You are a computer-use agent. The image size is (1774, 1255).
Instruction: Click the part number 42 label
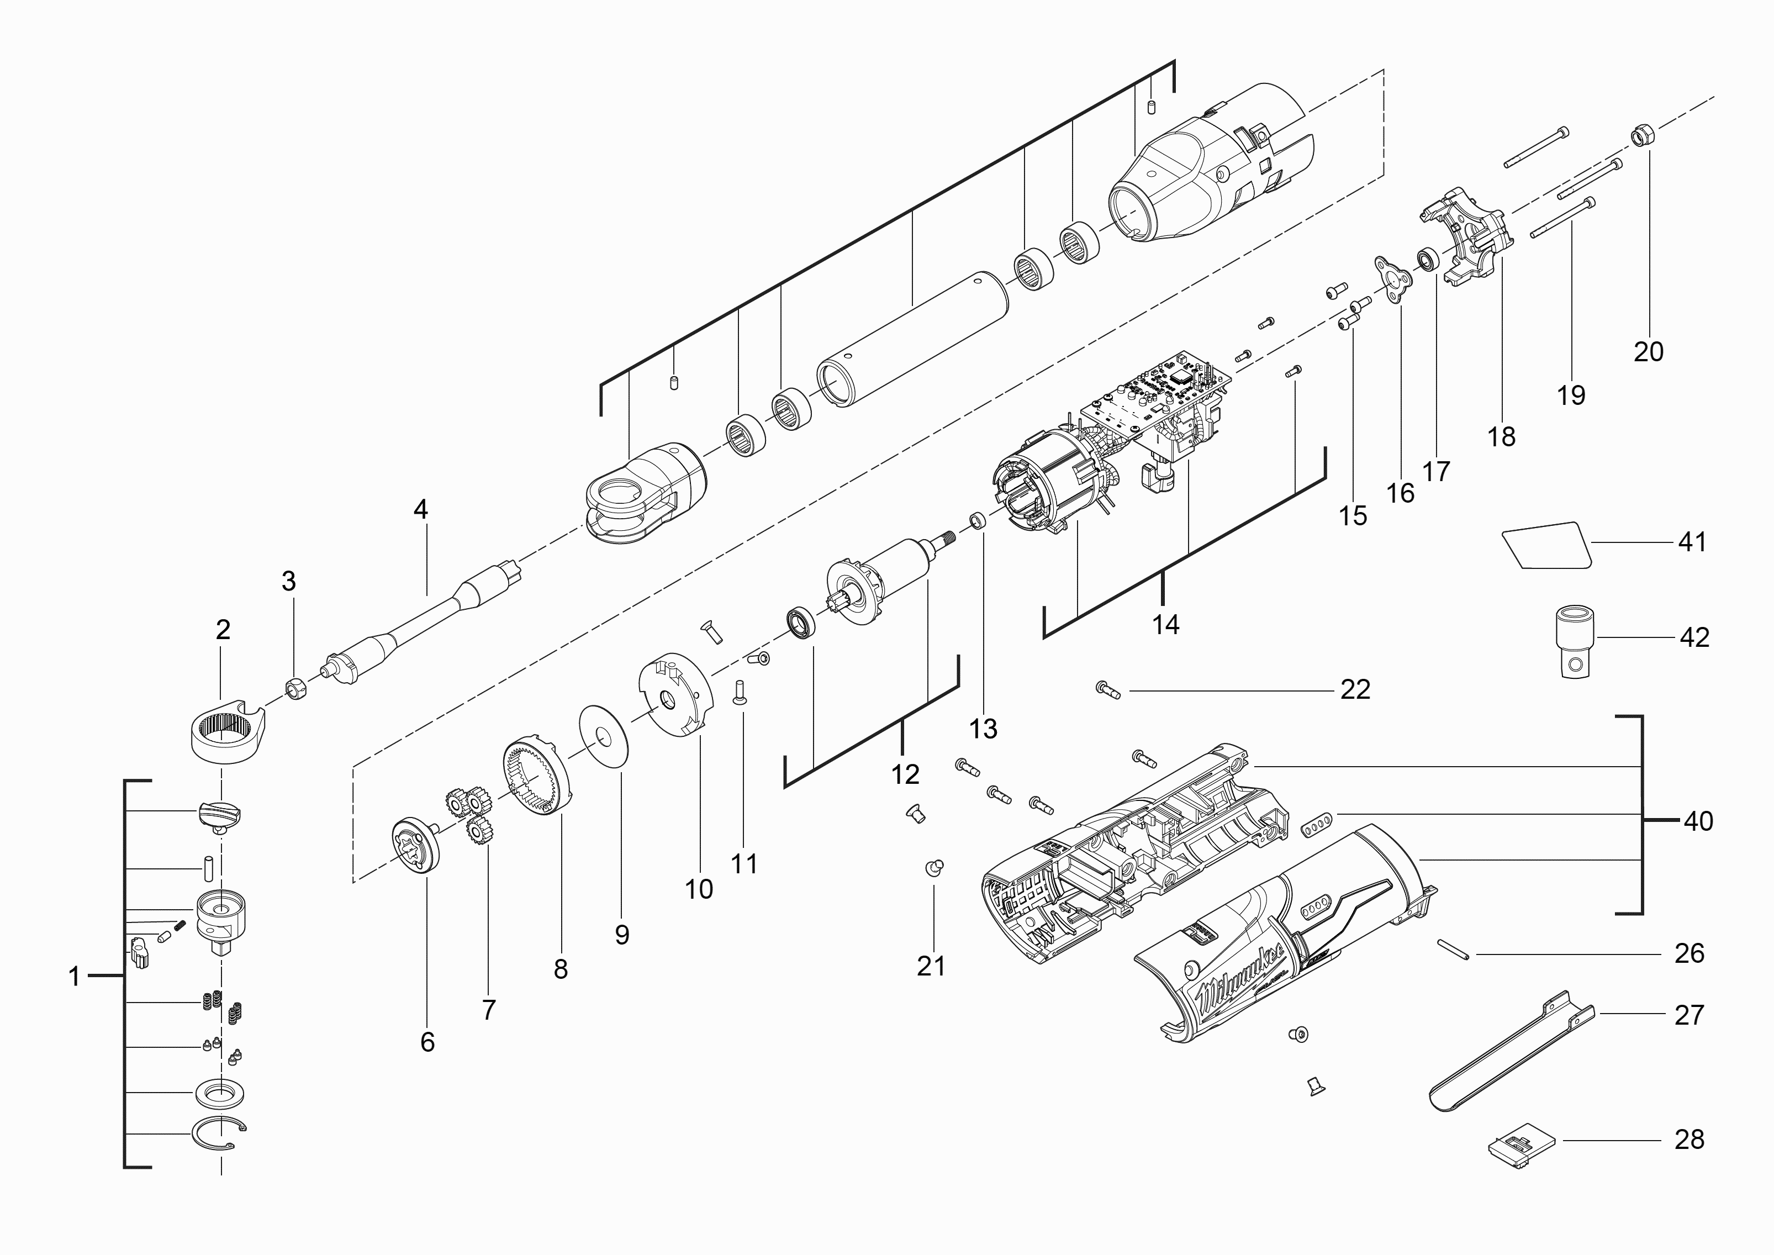(x=1694, y=637)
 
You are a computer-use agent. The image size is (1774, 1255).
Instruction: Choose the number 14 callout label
(x=1165, y=624)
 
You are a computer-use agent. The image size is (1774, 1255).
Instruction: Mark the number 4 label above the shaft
(x=420, y=509)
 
